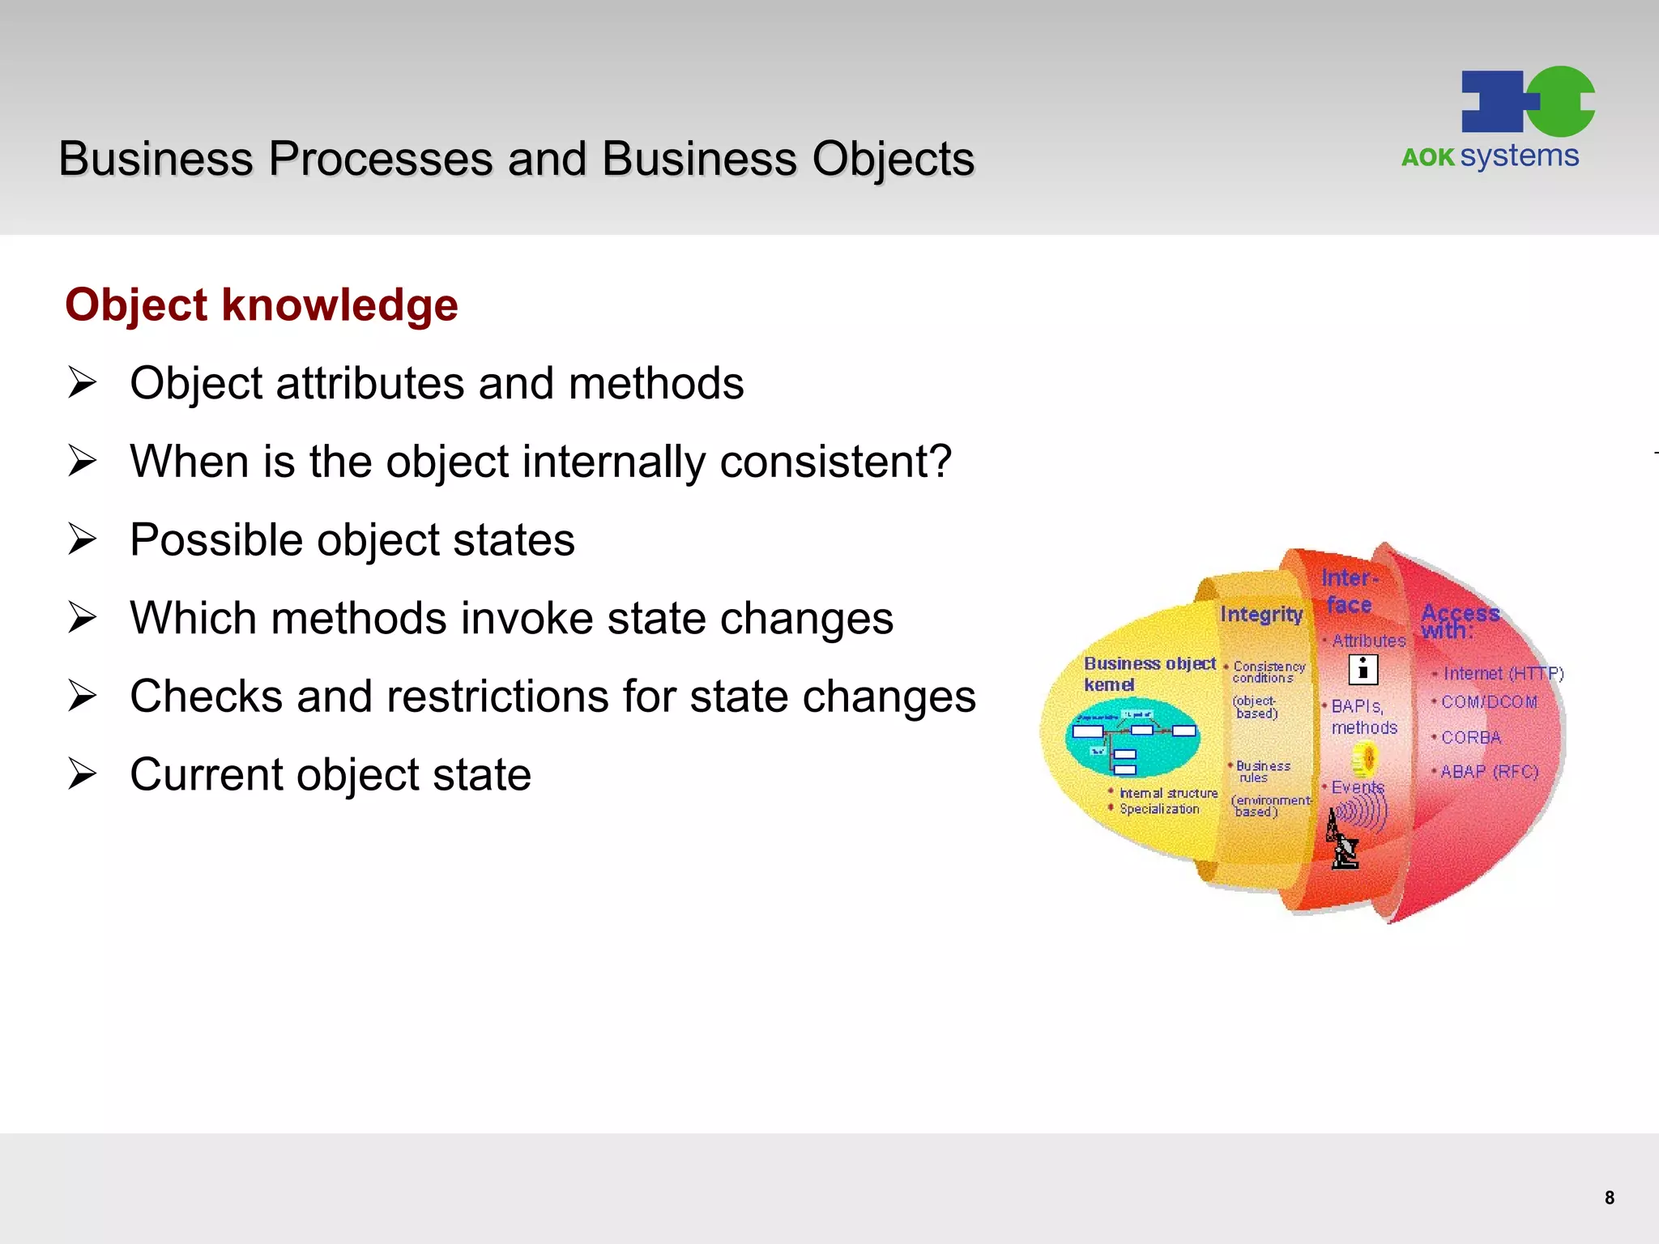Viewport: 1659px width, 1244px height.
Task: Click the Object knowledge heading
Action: point(262,305)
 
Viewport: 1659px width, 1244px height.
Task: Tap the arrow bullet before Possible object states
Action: point(82,539)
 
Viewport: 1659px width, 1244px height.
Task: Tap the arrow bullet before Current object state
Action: point(82,774)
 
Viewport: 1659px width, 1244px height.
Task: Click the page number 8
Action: point(1609,1198)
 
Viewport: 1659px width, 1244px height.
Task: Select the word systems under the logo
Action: point(1519,155)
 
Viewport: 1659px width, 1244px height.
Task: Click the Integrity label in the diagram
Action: point(1261,614)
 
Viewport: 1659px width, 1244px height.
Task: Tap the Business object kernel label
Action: point(1149,673)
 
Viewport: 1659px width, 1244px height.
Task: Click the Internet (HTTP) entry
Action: point(1503,674)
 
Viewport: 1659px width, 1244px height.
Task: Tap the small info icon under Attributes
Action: point(1363,670)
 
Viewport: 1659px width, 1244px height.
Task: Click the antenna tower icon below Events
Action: point(1342,842)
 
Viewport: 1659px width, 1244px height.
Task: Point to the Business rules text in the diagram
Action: point(1261,771)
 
